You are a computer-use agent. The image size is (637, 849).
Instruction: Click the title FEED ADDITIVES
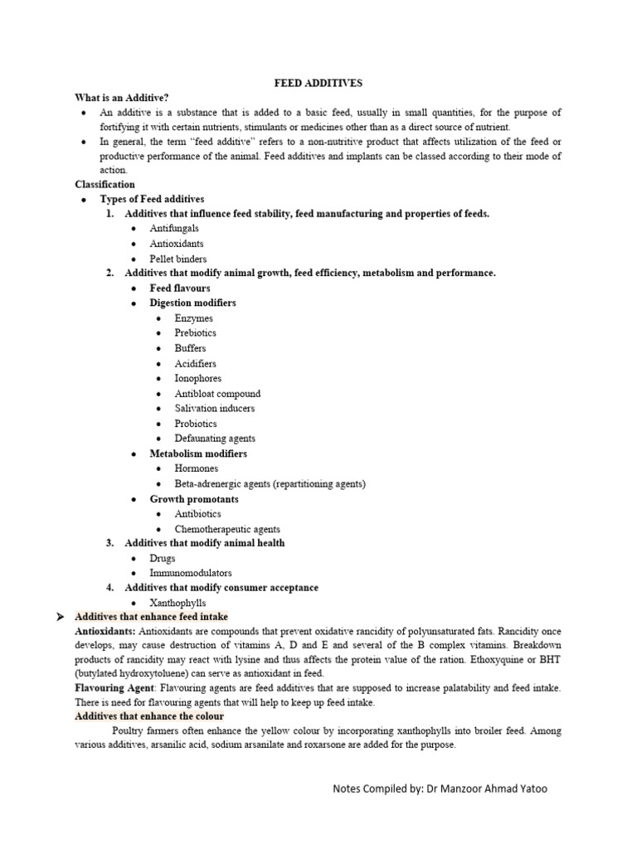click(x=318, y=84)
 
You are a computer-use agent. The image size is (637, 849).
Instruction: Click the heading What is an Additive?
click(x=121, y=98)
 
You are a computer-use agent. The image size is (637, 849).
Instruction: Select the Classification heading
click(x=105, y=184)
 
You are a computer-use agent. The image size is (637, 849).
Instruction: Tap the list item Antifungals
click(x=174, y=229)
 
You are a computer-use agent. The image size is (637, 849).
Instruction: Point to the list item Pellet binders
click(x=178, y=259)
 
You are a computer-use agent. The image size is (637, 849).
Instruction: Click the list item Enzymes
click(x=193, y=318)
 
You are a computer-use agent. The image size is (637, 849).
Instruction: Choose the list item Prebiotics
click(x=196, y=333)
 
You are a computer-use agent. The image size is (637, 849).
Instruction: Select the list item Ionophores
click(x=197, y=378)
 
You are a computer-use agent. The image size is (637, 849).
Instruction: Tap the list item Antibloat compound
click(x=217, y=394)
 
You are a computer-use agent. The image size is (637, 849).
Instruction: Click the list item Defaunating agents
click(x=215, y=439)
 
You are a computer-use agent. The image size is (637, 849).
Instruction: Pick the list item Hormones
click(x=197, y=468)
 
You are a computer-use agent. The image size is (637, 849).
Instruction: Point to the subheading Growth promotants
click(x=193, y=499)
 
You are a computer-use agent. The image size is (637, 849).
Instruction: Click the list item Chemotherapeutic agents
click(x=227, y=529)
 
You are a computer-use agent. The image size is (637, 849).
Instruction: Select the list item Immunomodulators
click(x=191, y=573)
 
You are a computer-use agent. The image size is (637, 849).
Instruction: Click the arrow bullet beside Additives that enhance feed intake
click(x=59, y=618)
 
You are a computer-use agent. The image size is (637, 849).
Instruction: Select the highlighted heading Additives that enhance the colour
click(x=149, y=716)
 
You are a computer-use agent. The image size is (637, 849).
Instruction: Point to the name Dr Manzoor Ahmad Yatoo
click(x=487, y=788)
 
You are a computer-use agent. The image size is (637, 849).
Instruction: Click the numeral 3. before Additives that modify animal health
click(x=109, y=543)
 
